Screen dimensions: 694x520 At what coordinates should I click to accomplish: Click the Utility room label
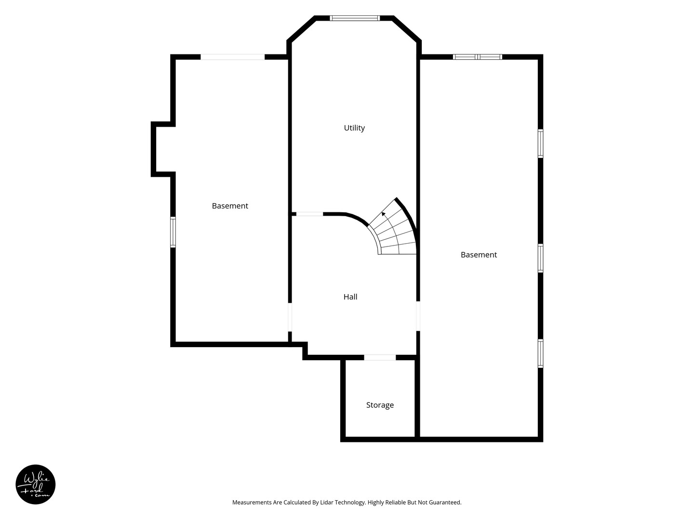tap(354, 128)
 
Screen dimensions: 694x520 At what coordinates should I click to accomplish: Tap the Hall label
tap(350, 297)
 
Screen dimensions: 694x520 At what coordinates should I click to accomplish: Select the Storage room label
tap(380, 405)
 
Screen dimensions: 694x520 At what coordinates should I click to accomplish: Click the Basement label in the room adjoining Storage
tap(479, 255)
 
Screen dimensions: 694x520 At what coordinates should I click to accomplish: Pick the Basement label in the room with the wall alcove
tap(230, 206)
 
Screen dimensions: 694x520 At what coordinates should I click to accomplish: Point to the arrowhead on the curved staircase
tap(384, 214)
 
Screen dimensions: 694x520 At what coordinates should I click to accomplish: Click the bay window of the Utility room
tap(355, 18)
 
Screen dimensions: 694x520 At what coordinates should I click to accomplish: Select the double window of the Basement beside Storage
tap(478, 57)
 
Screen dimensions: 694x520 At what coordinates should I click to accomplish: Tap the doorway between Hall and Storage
tap(380, 357)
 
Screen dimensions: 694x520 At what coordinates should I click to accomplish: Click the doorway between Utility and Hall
tap(309, 214)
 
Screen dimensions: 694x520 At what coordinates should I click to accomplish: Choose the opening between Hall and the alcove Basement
tap(290, 317)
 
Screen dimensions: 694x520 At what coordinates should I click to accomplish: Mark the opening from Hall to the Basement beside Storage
tap(418, 316)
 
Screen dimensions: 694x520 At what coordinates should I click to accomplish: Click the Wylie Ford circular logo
tap(35, 484)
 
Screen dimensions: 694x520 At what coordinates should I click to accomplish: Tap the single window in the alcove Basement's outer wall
tap(173, 232)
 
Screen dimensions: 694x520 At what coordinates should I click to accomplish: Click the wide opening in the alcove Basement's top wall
tap(233, 57)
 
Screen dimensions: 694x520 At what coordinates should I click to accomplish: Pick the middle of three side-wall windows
tap(541, 258)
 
